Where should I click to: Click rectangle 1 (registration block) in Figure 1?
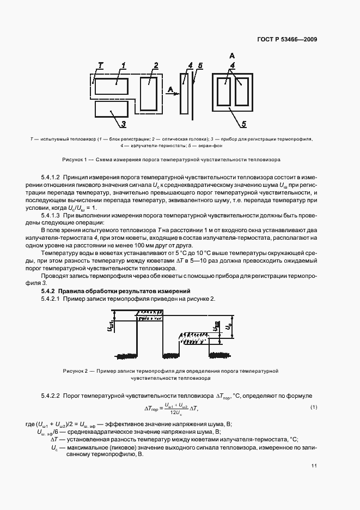tap(113, 88)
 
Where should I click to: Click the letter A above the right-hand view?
tap(232, 56)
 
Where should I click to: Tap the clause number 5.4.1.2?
tap(51, 178)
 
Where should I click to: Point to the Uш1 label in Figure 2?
tap(109, 327)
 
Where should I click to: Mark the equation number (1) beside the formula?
tap(314, 407)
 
